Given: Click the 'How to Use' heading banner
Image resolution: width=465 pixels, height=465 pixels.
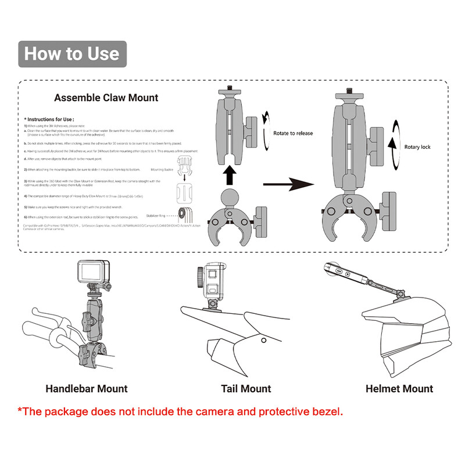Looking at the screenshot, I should (x=72, y=54).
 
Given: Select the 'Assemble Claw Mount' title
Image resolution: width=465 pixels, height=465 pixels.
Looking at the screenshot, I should (x=106, y=98).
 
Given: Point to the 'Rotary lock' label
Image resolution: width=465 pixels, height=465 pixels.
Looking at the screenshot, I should (x=417, y=147).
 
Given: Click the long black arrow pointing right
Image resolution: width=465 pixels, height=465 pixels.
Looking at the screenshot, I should (x=288, y=185).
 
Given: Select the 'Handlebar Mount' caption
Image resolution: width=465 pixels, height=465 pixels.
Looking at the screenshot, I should (x=87, y=388).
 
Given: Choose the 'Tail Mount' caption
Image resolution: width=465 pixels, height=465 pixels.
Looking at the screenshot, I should (x=246, y=388).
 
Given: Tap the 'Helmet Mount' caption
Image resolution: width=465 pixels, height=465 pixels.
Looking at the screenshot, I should (x=399, y=388).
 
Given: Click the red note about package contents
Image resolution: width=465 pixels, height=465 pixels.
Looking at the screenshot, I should (x=180, y=412).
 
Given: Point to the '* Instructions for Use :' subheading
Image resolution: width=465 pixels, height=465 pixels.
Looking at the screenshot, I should (x=49, y=119).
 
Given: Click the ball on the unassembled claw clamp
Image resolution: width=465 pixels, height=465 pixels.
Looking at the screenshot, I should (x=228, y=201).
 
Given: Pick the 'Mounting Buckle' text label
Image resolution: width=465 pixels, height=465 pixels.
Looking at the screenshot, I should (x=162, y=169).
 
